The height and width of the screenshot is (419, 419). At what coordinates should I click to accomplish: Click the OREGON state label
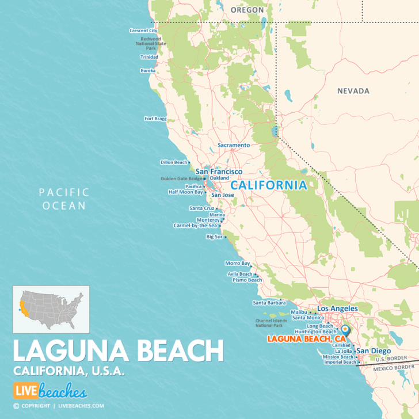(247, 10)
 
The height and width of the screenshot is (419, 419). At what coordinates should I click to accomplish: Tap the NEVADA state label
(353, 91)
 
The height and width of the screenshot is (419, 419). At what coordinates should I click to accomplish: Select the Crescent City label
(143, 31)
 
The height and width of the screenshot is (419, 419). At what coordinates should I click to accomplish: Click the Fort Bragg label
(155, 119)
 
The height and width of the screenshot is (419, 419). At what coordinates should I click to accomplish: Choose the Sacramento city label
(234, 146)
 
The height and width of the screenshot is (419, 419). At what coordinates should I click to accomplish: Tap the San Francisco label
(219, 172)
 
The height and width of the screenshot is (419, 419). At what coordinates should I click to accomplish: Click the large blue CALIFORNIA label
(268, 185)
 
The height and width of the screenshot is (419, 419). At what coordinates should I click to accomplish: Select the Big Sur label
(214, 237)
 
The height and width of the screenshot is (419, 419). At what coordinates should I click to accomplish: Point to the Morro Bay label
(237, 263)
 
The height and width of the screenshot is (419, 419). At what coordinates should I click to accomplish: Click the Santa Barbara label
(266, 303)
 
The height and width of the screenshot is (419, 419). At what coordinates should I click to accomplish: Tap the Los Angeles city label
(337, 308)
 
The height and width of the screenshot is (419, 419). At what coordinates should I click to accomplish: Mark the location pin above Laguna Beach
(345, 329)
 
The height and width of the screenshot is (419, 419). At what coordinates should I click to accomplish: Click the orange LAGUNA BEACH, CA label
(302, 339)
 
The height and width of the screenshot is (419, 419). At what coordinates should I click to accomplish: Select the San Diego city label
(373, 351)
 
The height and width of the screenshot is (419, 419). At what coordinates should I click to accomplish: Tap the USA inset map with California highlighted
(51, 309)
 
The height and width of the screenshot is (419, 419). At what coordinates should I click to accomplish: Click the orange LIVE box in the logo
(25, 392)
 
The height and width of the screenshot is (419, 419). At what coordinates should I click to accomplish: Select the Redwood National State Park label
(150, 44)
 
